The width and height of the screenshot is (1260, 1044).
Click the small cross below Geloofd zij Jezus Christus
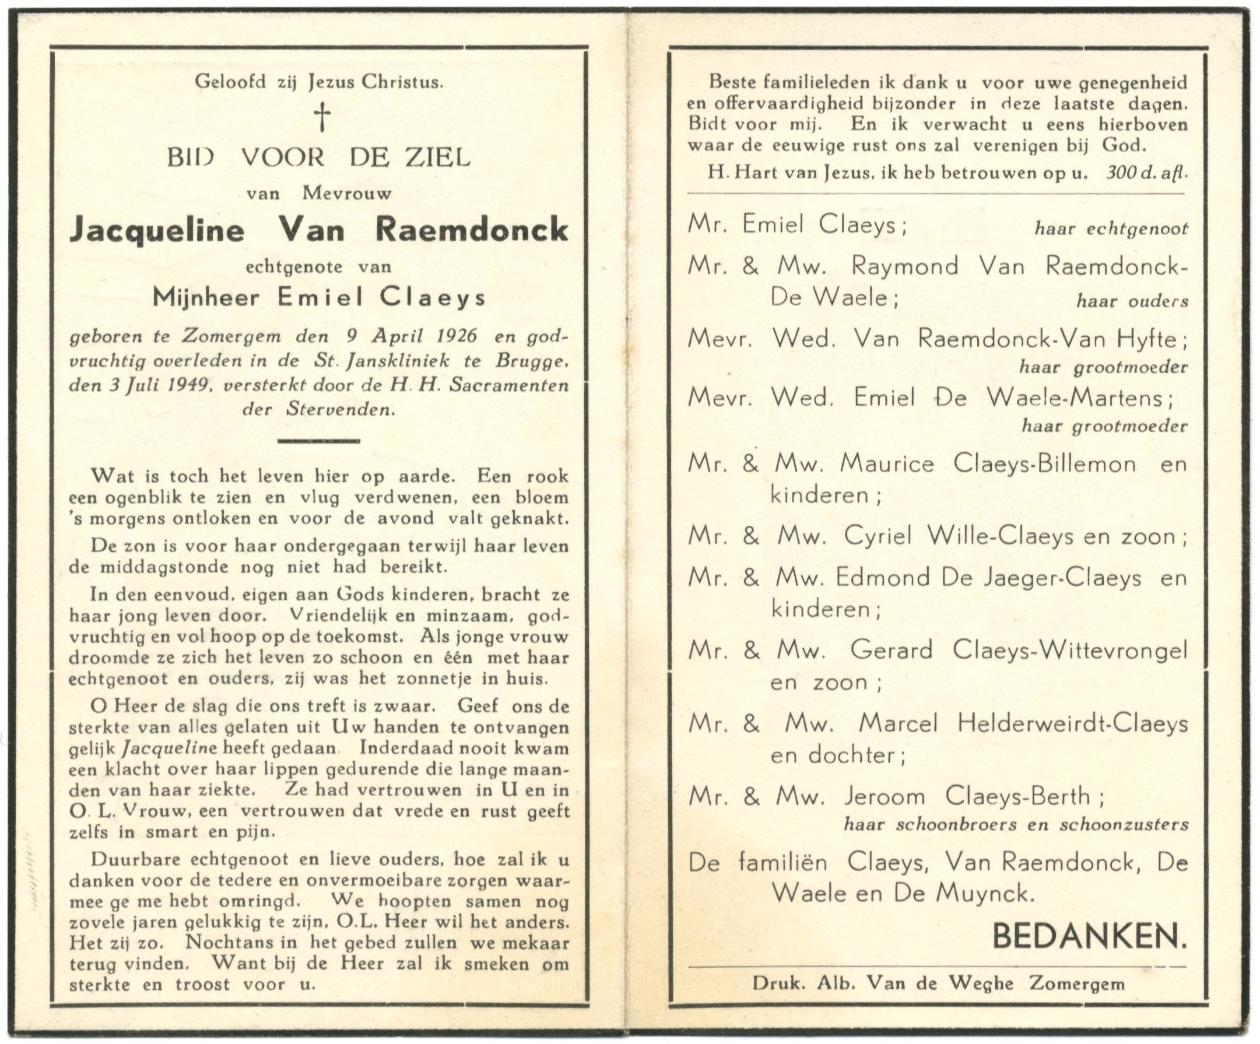323,117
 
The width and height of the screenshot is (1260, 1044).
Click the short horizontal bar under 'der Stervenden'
318,441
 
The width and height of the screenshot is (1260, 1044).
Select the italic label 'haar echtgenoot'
1111,229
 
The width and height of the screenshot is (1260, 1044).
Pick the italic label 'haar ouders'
1132,301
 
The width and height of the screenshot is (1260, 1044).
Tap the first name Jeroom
884,796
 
